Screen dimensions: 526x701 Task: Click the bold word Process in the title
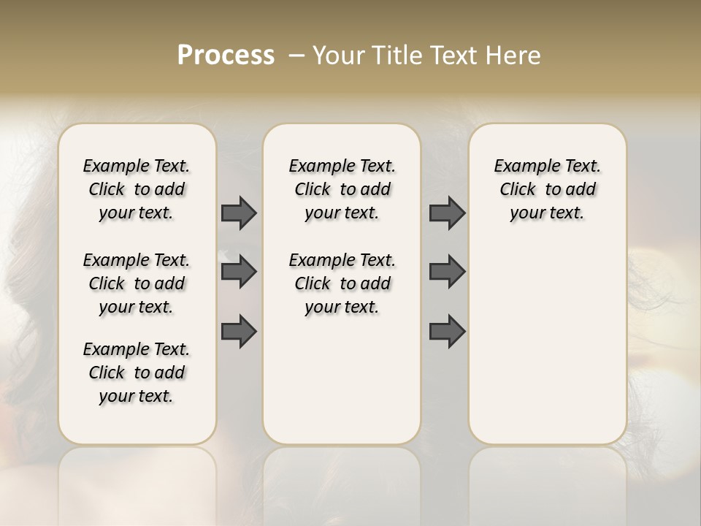tap(226, 56)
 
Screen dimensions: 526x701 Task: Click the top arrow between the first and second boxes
tap(239, 213)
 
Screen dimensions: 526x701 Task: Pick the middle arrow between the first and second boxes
tap(239, 272)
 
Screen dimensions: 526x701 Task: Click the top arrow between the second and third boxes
tap(447, 213)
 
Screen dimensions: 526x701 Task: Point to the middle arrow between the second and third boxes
tap(447, 272)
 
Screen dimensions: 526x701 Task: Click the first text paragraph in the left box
tap(137, 189)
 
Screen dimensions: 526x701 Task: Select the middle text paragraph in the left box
tap(137, 283)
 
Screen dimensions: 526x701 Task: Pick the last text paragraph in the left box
tap(137, 373)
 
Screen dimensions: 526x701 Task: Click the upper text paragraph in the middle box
tap(342, 189)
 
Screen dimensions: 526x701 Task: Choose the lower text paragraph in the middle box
tap(342, 283)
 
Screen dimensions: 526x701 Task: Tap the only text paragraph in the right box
tap(547, 189)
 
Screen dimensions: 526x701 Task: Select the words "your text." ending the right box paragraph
tap(547, 213)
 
